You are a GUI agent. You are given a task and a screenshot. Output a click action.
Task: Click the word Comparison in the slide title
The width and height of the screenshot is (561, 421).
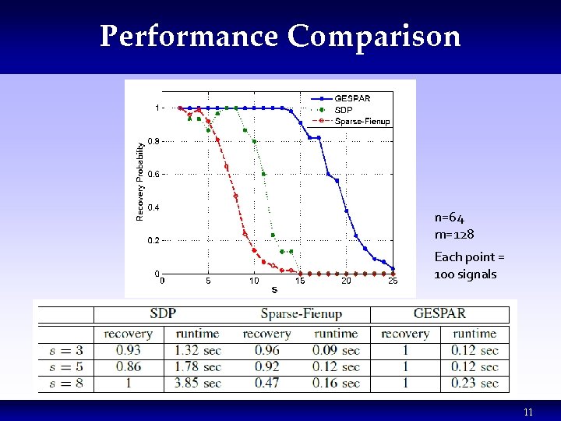[x=374, y=37]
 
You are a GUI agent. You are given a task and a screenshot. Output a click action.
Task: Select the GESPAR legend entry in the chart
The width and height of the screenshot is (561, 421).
[x=352, y=98]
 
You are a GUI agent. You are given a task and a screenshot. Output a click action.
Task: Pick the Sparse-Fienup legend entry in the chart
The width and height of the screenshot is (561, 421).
[x=362, y=121]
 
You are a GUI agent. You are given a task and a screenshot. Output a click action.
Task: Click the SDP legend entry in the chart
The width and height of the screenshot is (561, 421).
[x=344, y=110]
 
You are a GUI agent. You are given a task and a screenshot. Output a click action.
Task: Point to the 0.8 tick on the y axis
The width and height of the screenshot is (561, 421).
[x=153, y=141]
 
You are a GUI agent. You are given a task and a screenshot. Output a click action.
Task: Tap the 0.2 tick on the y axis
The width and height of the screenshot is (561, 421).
[x=153, y=241]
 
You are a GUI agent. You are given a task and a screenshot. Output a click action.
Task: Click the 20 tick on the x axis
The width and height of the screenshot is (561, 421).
[x=346, y=281]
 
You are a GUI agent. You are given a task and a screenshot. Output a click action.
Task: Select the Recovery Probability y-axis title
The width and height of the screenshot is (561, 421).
[x=140, y=180]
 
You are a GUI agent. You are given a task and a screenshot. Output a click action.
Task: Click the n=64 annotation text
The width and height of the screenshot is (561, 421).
[x=450, y=218]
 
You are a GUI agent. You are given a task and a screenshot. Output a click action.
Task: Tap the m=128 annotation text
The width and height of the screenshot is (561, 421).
[x=454, y=234]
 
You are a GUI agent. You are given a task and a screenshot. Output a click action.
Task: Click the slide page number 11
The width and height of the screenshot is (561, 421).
[x=528, y=412]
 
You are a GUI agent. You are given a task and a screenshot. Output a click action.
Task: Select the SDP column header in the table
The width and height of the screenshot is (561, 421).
[x=163, y=313]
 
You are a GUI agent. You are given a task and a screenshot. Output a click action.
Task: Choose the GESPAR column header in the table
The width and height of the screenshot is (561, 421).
[x=439, y=313]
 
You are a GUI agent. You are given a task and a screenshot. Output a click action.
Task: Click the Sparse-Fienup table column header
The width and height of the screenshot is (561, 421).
[x=301, y=313]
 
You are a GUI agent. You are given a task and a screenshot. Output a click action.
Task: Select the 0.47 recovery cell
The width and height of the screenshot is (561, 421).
[x=266, y=383]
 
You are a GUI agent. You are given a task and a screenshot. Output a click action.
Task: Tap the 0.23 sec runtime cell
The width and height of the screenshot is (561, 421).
[x=475, y=383]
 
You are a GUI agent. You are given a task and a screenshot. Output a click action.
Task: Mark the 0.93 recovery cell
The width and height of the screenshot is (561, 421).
[x=128, y=350]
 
